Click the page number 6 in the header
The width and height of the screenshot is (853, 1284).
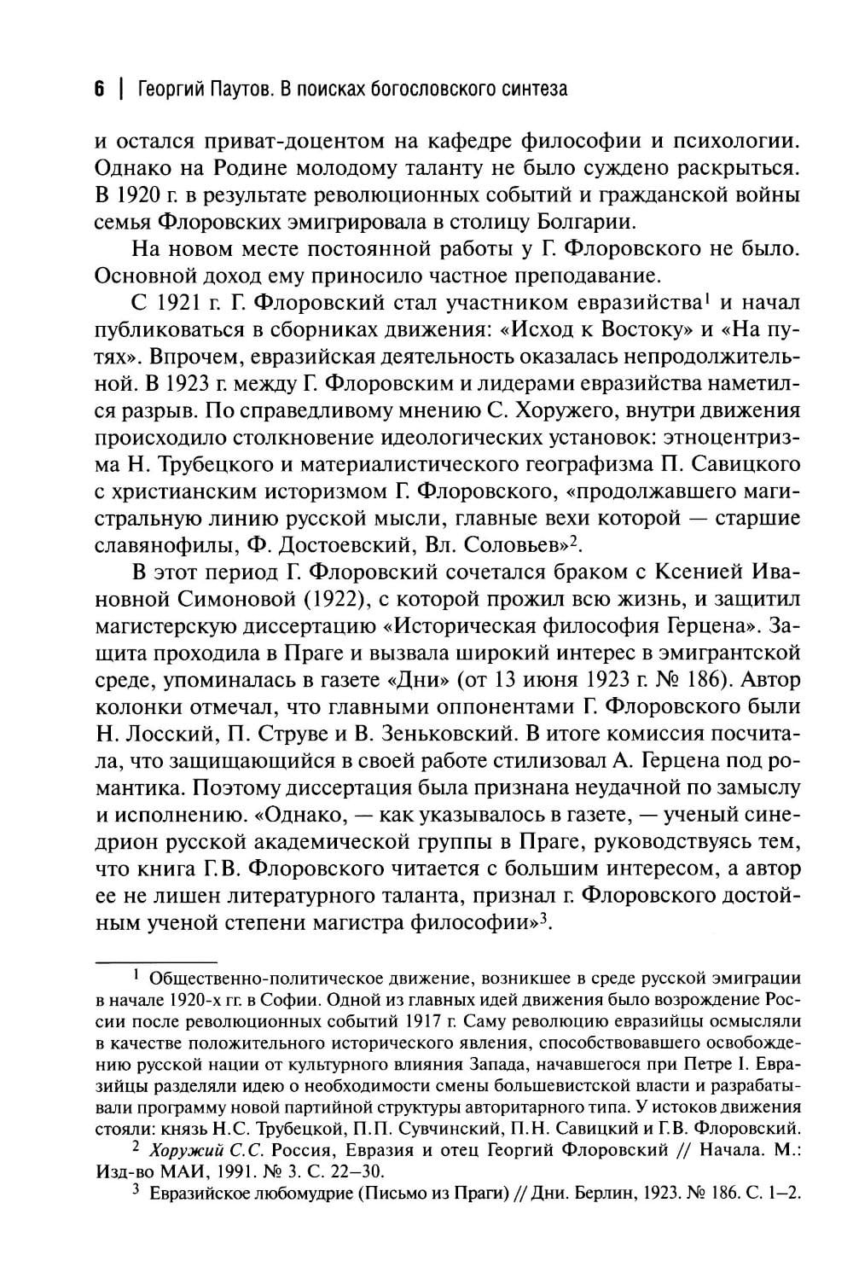pyautogui.click(x=99, y=89)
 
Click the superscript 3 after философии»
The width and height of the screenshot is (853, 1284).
pyautogui.click(x=540, y=918)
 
